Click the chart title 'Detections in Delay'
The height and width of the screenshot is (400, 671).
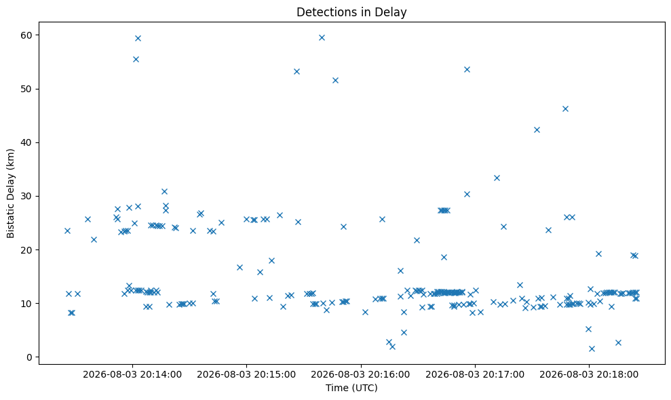351,12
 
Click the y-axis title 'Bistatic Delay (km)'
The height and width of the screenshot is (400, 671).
10,193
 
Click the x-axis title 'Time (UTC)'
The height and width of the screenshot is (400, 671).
351,388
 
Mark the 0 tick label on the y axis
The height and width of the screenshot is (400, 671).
30,357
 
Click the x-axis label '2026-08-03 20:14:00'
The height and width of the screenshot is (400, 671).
132,375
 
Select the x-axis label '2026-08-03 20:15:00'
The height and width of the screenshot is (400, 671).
246,375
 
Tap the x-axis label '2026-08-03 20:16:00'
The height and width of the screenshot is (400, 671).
360,375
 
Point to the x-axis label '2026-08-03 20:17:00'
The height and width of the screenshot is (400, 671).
474,375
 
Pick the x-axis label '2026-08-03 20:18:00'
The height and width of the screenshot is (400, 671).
589,375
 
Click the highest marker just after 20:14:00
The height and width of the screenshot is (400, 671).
138,38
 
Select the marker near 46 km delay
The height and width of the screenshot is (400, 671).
565,108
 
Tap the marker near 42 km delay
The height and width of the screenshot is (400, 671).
537,129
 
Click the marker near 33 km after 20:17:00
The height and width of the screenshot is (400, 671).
497,178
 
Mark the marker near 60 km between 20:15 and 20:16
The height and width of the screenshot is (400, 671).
322,38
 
